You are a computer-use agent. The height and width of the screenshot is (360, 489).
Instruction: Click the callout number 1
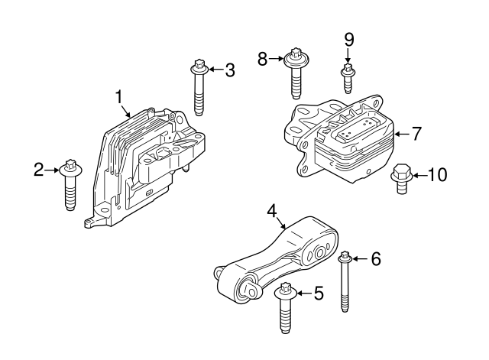119,97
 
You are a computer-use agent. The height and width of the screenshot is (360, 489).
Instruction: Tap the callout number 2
38,170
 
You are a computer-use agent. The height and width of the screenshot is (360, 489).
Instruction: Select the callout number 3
230,70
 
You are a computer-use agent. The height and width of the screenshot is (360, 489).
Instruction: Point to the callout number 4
272,211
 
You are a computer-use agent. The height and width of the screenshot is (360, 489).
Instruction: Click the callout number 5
319,294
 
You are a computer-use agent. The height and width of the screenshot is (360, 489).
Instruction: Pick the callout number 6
376,259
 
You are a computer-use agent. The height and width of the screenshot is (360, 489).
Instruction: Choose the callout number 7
416,134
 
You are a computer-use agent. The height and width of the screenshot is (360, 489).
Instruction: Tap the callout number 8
262,59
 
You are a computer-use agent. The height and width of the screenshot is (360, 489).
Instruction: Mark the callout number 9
349,40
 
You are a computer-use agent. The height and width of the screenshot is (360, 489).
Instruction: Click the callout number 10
437,175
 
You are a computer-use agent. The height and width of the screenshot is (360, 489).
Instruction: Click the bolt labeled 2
70,184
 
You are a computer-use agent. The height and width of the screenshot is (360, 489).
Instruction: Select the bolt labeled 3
199,87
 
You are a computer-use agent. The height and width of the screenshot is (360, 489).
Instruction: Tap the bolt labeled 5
284,307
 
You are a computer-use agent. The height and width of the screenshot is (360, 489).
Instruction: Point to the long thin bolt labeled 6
345,281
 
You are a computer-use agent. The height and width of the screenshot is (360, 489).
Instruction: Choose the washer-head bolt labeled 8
296,73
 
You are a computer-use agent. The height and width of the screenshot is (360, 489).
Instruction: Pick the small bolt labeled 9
348,78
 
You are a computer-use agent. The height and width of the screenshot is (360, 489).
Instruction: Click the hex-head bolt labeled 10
402,179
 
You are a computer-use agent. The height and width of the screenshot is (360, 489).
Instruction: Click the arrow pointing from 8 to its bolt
276,58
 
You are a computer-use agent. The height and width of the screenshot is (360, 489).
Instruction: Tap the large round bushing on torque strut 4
319,252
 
